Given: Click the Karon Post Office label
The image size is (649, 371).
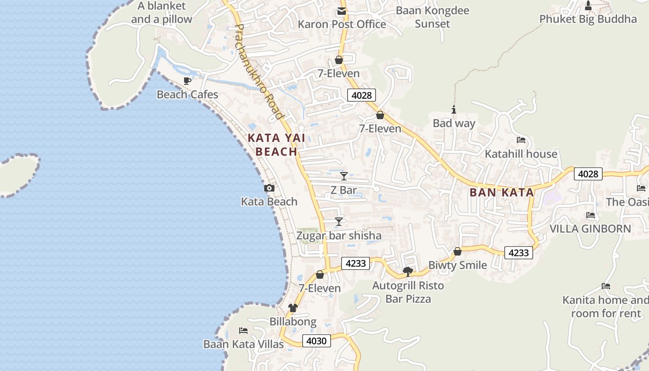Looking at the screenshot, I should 342,24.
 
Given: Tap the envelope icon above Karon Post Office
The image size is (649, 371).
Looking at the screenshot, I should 342,11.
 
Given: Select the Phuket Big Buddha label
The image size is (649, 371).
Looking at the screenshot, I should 588,19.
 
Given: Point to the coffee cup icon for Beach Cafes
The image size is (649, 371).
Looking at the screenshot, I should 187,81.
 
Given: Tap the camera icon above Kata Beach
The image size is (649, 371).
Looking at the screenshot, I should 269,188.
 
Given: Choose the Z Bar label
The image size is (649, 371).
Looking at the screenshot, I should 344,190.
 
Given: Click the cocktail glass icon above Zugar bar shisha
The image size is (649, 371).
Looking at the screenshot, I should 339,222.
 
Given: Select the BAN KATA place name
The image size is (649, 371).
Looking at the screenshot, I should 502,192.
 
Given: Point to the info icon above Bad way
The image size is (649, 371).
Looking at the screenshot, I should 454,110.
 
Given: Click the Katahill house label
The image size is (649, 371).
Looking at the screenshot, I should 521,154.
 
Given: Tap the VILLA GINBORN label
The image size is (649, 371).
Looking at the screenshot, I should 590,229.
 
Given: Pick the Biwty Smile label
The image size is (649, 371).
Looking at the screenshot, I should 458,265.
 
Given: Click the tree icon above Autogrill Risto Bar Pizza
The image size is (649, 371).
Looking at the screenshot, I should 408,271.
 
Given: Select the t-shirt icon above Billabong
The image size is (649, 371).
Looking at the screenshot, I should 293,308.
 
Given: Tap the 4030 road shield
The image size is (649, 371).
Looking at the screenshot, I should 317,341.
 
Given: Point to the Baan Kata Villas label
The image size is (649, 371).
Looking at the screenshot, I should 243,344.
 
